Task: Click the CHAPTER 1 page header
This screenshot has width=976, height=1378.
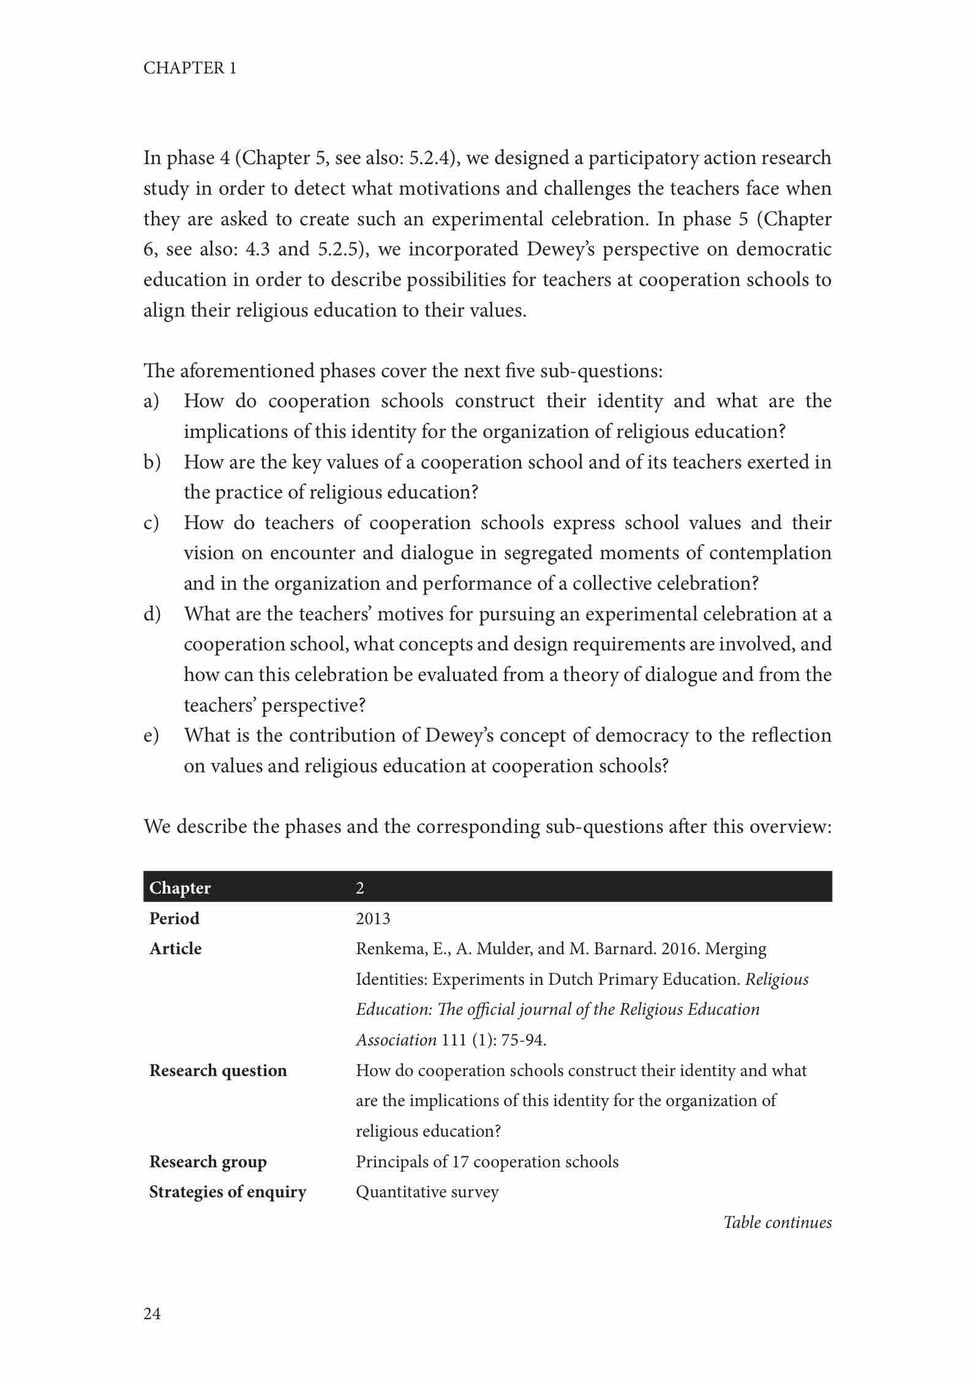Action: (x=189, y=68)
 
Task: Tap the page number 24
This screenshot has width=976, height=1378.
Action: (x=152, y=1313)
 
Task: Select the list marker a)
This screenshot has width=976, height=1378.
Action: (x=151, y=402)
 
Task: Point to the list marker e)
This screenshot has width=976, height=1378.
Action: (x=151, y=736)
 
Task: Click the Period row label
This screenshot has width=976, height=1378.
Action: (x=175, y=919)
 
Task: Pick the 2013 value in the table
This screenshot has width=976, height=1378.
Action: (x=373, y=919)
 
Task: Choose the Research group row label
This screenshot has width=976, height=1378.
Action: (x=208, y=1162)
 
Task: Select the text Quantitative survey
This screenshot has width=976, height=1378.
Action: (x=427, y=1192)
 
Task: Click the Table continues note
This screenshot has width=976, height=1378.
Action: (x=778, y=1222)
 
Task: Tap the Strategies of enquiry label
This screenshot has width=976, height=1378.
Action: (x=228, y=1192)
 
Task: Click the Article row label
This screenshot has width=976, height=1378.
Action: (x=176, y=949)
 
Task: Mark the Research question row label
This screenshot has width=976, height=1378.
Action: (x=218, y=1071)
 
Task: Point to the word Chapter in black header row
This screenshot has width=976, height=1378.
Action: (x=180, y=888)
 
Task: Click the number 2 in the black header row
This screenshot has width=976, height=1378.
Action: (x=360, y=888)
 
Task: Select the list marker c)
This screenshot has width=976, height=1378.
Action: (x=151, y=523)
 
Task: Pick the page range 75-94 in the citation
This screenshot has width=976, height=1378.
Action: (x=522, y=1040)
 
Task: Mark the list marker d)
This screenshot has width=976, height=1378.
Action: (x=152, y=614)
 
